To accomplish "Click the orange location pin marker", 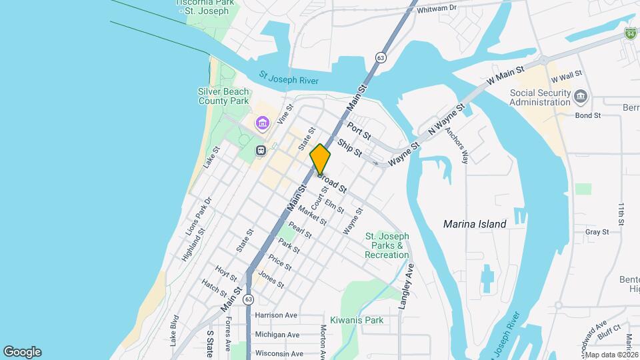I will pyautogui.click(x=320, y=159).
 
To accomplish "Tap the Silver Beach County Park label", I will pyautogui.click(x=223, y=96).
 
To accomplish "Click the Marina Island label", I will pyautogui.click(x=475, y=224).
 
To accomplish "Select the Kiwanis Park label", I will pyautogui.click(x=357, y=320).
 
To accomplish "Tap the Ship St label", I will pyautogui.click(x=349, y=148).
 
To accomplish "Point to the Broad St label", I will pyautogui.click(x=334, y=184).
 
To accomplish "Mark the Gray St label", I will pyautogui.click(x=597, y=232).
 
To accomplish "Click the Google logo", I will pyautogui.click(x=22, y=352).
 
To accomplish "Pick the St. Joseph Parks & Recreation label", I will pyautogui.click(x=387, y=245).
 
